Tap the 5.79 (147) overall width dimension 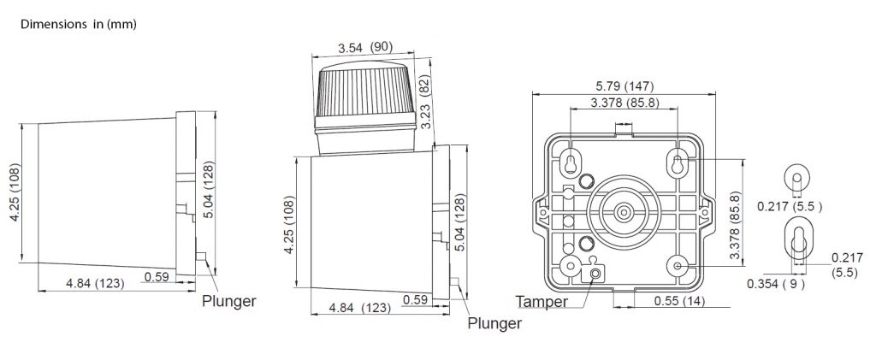[623, 86]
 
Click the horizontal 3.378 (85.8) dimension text [623, 103]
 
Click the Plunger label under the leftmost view [228, 301]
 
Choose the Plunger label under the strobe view [494, 323]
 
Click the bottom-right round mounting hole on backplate [678, 266]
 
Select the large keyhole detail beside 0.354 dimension [797, 242]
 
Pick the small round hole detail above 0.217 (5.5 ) [796, 179]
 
